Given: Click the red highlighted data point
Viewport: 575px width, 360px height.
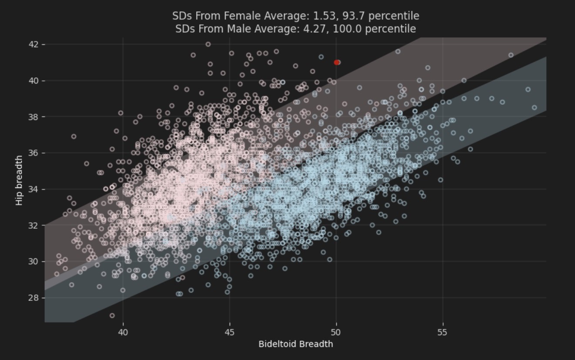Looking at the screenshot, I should click(x=337, y=62).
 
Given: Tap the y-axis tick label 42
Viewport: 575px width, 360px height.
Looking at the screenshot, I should click(x=34, y=44).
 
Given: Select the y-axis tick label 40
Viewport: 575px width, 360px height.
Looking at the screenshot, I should click(x=34, y=81).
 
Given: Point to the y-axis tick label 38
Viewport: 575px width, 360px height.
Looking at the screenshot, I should click(x=34, y=117).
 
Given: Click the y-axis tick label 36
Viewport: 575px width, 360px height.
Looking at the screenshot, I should click(x=34, y=153).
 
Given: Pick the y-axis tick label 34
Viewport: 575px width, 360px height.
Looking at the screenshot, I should click(x=34, y=189).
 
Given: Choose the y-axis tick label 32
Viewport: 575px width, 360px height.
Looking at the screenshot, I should click(x=34, y=225).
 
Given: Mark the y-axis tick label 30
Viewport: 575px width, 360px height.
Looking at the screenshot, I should click(x=34, y=261).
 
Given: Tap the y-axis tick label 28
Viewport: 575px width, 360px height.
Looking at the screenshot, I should click(x=34, y=298).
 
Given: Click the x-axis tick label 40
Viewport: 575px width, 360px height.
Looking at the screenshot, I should click(x=123, y=333).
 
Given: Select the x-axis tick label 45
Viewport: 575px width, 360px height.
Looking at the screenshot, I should click(x=230, y=333).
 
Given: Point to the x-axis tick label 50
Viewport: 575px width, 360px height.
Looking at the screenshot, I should click(x=336, y=333).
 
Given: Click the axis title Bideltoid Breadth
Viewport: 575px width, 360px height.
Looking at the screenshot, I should click(x=296, y=344).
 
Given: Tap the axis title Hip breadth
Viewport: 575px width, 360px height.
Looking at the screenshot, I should click(x=19, y=180).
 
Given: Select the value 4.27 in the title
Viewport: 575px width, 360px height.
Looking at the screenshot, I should click(x=320, y=29).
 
